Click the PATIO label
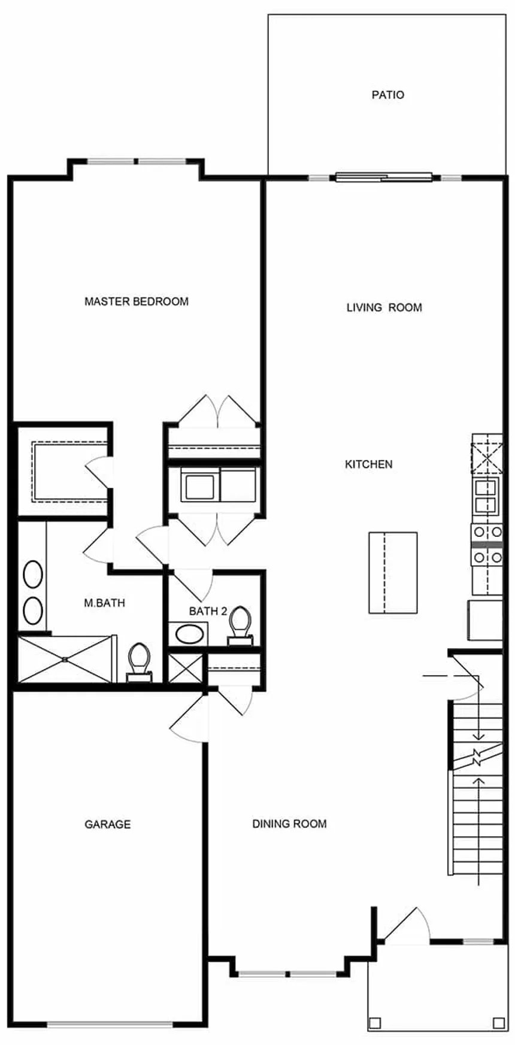(x=387, y=95)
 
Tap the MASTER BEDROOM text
(x=136, y=301)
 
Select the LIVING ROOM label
(x=384, y=307)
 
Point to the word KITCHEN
(x=368, y=464)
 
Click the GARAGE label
(x=107, y=824)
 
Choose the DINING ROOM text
(x=289, y=824)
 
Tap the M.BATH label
(x=104, y=603)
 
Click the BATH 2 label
(x=208, y=611)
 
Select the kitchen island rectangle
(x=392, y=572)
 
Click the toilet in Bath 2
(x=240, y=624)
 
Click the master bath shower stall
(x=65, y=659)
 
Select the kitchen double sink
(x=486, y=496)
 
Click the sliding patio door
(x=383, y=177)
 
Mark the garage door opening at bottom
(x=110, y=1024)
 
